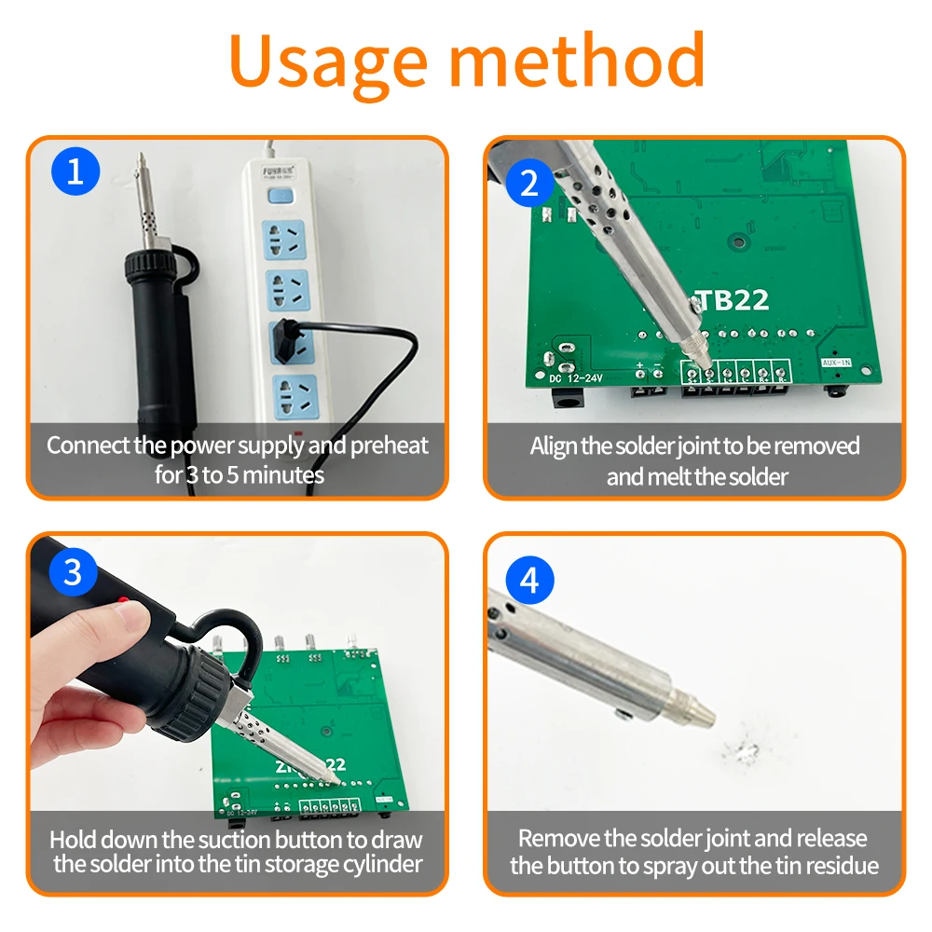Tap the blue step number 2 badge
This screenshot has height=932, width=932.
pos(529,183)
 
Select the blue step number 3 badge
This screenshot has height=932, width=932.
pos(73,572)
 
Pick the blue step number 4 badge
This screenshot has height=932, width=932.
pos(529,581)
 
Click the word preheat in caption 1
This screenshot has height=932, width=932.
pos(390,445)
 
